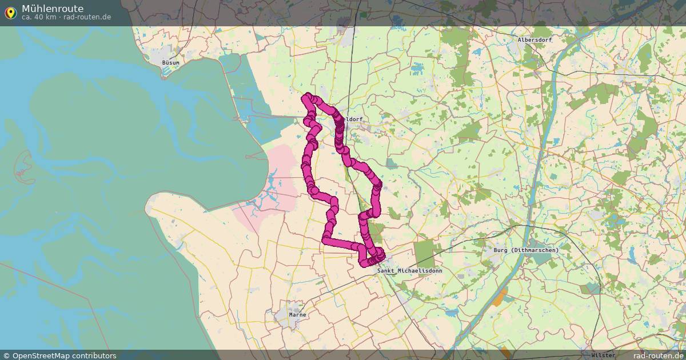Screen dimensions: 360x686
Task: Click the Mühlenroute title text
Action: [52, 9]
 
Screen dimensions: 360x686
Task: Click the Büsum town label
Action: [170, 62]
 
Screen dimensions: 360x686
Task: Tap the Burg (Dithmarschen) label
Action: [525, 250]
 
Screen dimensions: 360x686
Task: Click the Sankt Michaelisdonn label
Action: [409, 270]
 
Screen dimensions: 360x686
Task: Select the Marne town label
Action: [297, 315]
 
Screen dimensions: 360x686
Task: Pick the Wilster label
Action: [604, 355]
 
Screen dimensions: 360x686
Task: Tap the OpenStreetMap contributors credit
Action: [64, 355]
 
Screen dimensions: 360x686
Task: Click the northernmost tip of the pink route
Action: [309, 95]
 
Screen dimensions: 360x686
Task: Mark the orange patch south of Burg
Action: [500, 297]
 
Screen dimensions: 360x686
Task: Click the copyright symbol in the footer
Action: [6, 355]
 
